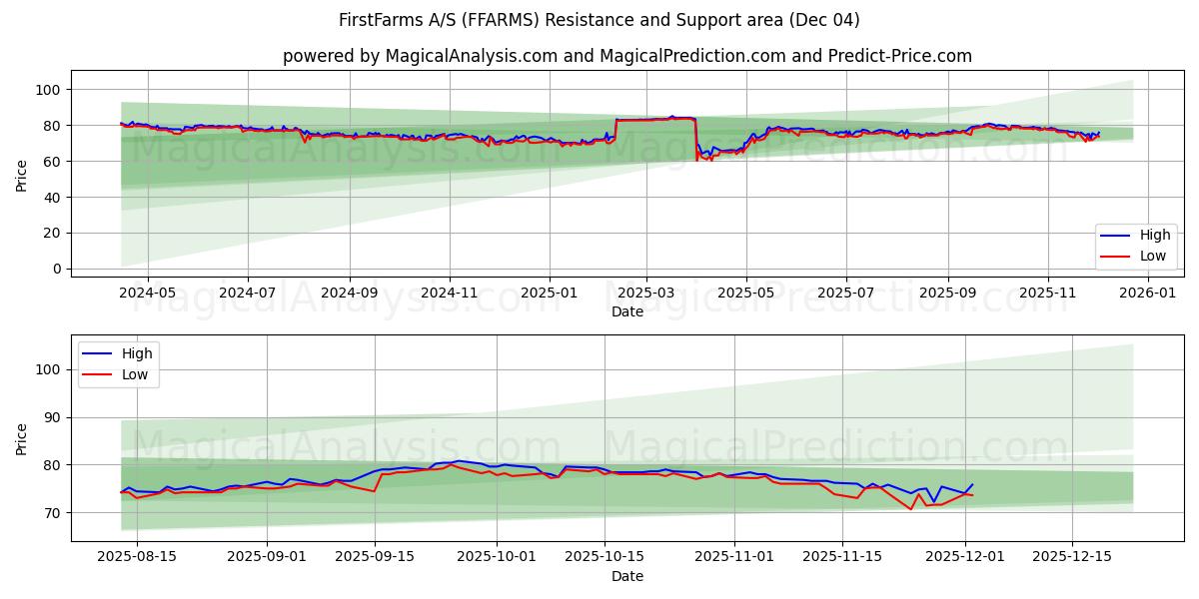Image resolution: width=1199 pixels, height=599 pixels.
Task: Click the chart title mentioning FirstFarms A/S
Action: (x=599, y=20)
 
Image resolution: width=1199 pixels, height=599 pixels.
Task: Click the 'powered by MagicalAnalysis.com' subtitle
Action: (x=626, y=56)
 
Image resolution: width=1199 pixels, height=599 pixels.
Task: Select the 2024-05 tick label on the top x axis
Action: (x=147, y=294)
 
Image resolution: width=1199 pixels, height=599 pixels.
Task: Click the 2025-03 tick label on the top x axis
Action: (x=645, y=294)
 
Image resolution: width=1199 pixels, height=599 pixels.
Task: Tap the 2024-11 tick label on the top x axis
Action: (x=449, y=294)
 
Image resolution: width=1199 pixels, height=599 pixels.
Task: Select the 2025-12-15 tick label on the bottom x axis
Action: (x=1072, y=556)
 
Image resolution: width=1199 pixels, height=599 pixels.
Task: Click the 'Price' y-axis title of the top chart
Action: (x=22, y=175)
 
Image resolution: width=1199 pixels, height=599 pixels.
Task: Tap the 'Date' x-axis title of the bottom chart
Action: (x=627, y=576)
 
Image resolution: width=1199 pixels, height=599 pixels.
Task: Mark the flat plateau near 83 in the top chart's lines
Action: (x=654, y=119)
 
